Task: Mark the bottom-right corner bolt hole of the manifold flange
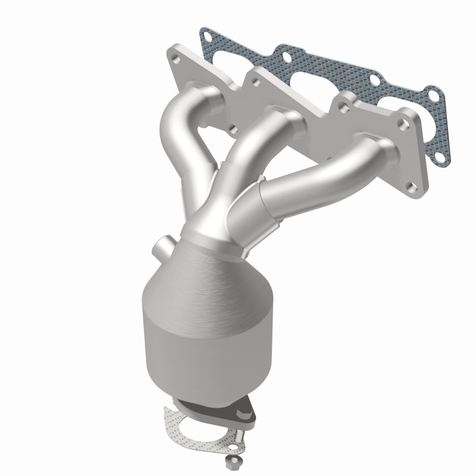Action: click(x=411, y=187)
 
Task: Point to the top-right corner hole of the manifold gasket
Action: click(x=433, y=95)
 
